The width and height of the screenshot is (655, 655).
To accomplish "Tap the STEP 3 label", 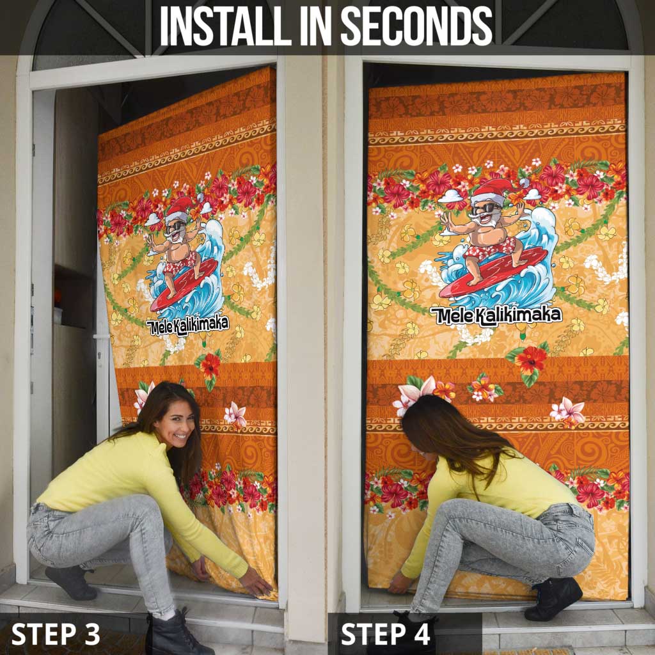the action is pyautogui.click(x=56, y=634).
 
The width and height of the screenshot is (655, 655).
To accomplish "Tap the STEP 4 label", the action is pyautogui.click(x=385, y=634).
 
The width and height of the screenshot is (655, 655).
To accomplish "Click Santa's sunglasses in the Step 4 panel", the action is pyautogui.click(x=487, y=208).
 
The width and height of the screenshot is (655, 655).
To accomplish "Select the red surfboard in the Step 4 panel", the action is pyautogui.click(x=494, y=272).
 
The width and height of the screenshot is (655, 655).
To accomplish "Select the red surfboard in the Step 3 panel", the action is pyautogui.click(x=184, y=284).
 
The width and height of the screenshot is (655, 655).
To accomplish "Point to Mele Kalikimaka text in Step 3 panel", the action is pyautogui.click(x=187, y=325).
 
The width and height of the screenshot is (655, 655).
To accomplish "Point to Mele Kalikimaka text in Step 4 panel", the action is pyautogui.click(x=496, y=315).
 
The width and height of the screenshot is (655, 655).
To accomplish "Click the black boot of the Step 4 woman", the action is pyautogui.click(x=553, y=597).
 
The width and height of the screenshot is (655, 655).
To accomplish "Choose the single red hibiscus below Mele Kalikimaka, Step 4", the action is pyautogui.click(x=530, y=361).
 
